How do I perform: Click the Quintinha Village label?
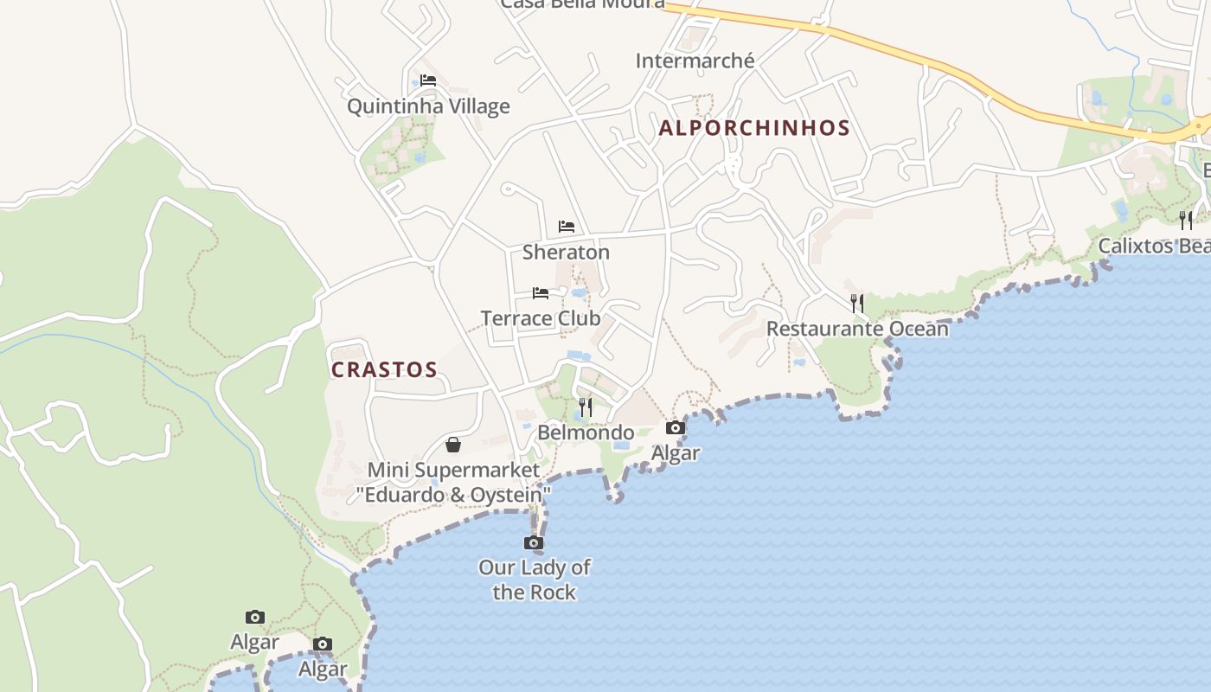(x=428, y=106)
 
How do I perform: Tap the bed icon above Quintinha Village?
(x=428, y=80)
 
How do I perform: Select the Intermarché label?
(x=695, y=61)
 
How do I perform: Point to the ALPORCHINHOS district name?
(x=754, y=128)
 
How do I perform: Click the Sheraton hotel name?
(x=566, y=253)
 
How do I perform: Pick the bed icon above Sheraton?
(x=567, y=227)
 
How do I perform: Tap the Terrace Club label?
(x=541, y=318)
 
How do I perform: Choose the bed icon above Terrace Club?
(x=541, y=293)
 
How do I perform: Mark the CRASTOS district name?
(x=384, y=369)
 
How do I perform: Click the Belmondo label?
(x=586, y=432)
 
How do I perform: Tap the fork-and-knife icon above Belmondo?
(x=586, y=407)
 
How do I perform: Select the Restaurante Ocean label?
(x=857, y=329)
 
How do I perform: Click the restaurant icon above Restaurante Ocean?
(x=857, y=303)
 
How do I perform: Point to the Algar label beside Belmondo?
(x=676, y=453)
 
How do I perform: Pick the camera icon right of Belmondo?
(x=676, y=427)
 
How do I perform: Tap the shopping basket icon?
(x=453, y=445)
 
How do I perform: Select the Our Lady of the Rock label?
(x=535, y=580)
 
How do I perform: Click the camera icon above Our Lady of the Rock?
(x=534, y=542)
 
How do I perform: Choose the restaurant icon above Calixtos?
(x=1186, y=220)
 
